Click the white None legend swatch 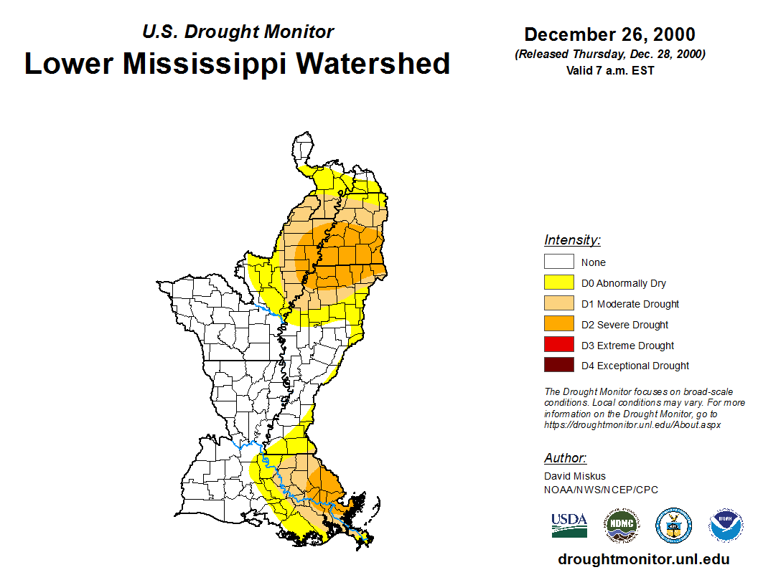click(x=558, y=262)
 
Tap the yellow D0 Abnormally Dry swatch click(x=558, y=282)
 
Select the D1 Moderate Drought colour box click(x=558, y=303)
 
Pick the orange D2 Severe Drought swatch click(x=558, y=324)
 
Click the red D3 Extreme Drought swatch click(x=558, y=345)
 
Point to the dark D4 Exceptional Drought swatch click(x=558, y=365)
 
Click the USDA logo click(x=569, y=525)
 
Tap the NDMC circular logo click(x=621, y=525)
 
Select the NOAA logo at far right click(x=726, y=525)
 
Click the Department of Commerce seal click(x=673, y=525)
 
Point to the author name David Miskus click(x=575, y=476)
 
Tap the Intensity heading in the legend click(x=572, y=240)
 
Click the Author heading click(x=565, y=458)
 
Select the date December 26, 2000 click(x=609, y=34)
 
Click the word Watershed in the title click(x=374, y=63)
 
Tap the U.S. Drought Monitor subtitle click(x=238, y=32)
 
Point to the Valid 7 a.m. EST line click(x=609, y=70)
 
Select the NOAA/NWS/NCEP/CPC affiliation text click(x=601, y=490)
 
